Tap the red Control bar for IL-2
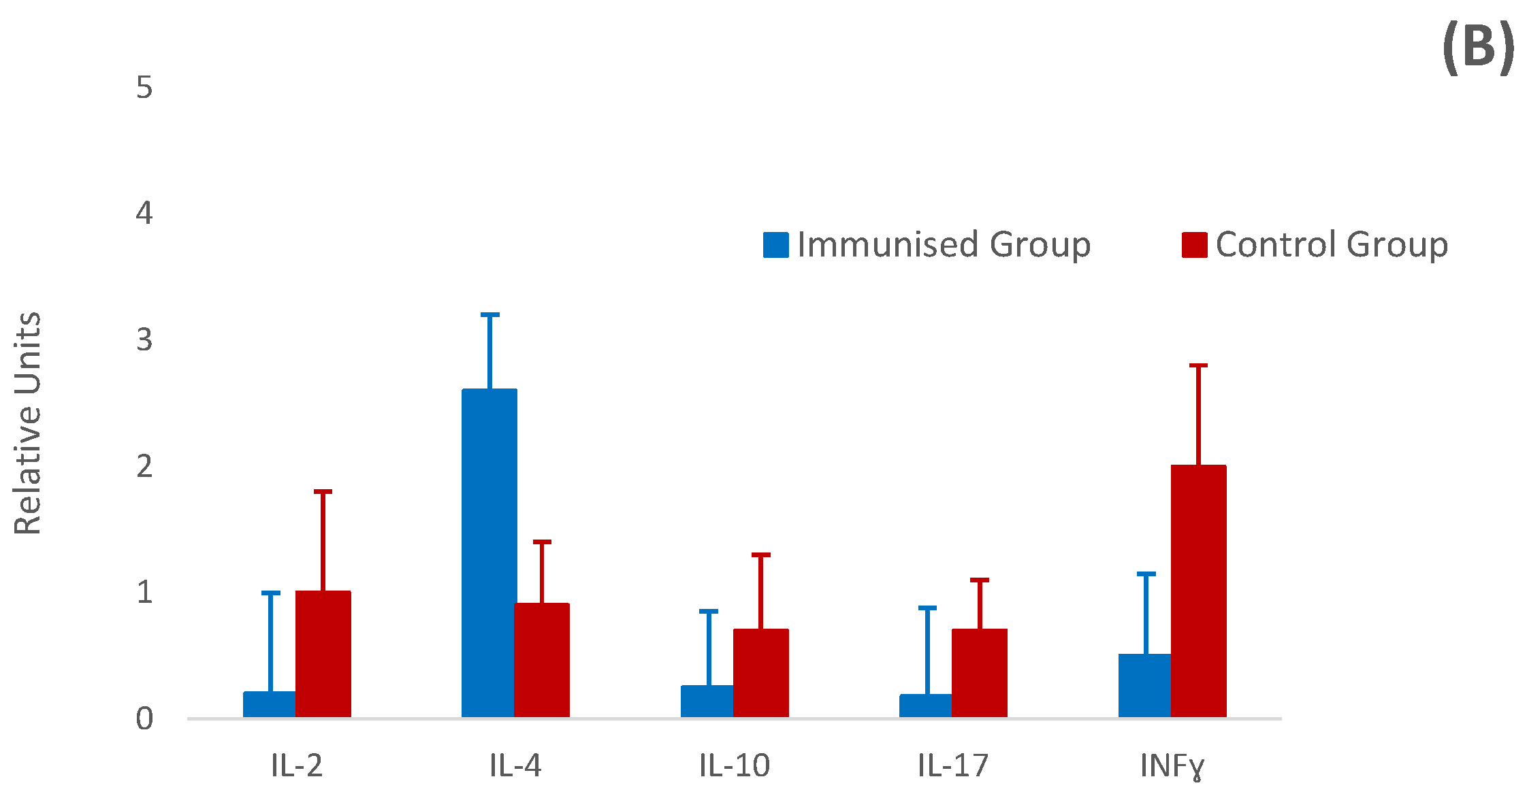323,653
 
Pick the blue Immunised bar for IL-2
270,704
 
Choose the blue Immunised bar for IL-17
926,706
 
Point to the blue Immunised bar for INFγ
1145,685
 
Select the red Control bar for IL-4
541,659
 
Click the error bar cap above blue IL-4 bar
489,315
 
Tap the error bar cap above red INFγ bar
1198,365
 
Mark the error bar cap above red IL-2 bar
323,491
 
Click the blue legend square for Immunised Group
775,245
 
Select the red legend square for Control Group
1194,245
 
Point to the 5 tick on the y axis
144,88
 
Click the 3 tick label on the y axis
144,340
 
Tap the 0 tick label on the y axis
144,718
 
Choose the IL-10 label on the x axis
734,766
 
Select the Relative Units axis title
29,423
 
